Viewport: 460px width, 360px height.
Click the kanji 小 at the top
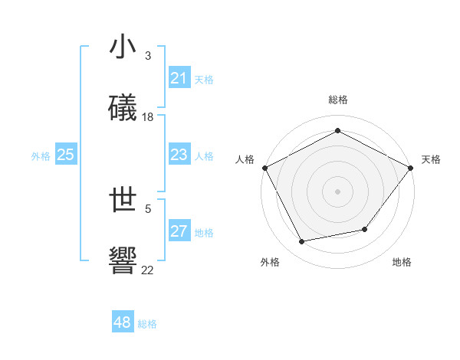coord(123,47)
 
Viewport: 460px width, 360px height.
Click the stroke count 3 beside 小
coord(147,56)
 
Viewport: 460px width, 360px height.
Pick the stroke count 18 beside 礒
coord(148,116)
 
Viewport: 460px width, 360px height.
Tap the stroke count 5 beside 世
coord(148,208)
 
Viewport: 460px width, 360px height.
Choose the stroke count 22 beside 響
coord(148,269)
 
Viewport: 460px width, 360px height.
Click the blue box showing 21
coord(179,78)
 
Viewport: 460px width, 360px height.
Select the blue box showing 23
coord(179,155)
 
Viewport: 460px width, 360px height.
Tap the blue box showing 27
coord(179,231)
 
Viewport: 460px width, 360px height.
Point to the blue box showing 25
coord(65,155)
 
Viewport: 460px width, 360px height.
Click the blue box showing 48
coord(123,322)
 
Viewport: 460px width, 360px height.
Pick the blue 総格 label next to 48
coord(147,324)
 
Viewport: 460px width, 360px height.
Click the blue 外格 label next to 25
coord(41,156)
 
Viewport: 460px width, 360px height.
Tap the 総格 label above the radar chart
coord(337,100)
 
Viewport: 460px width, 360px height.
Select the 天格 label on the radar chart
coord(431,159)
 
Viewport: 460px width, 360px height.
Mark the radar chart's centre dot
coord(337,191)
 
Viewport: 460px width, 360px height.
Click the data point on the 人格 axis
coord(264,167)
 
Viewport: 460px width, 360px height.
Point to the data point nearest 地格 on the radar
coord(365,229)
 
